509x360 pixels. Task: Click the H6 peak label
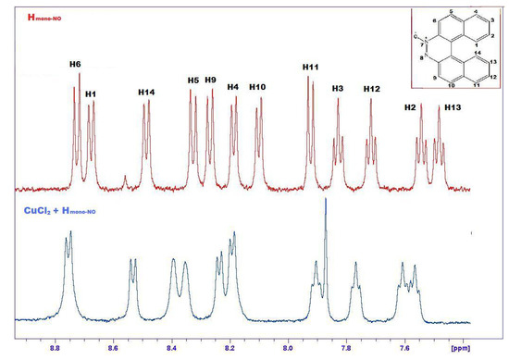pyautogui.click(x=75, y=63)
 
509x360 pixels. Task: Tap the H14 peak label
pyautogui.click(x=146, y=92)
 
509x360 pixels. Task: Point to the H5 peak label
pyautogui.click(x=193, y=81)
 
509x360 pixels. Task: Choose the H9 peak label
pyautogui.click(x=211, y=81)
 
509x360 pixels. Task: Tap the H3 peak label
pyautogui.click(x=338, y=88)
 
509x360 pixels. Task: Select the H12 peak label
pyautogui.click(x=371, y=88)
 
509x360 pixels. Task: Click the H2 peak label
pyautogui.click(x=411, y=107)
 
